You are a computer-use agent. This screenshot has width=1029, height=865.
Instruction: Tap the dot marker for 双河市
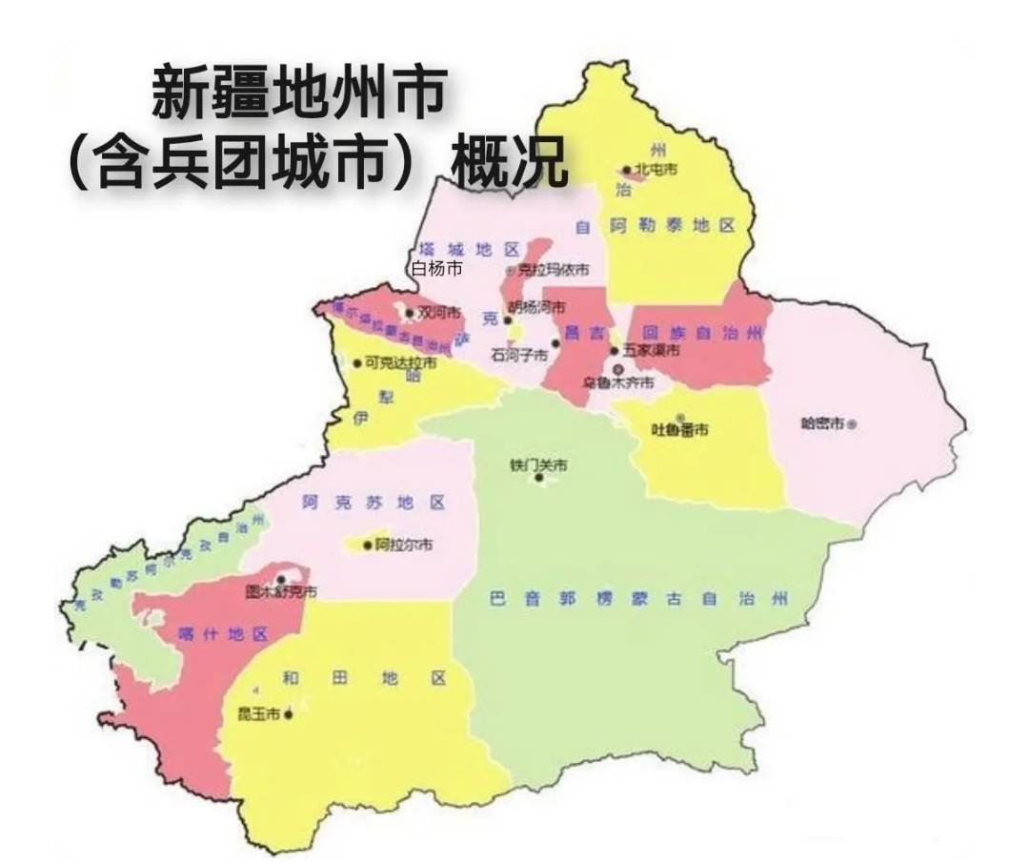pyautogui.click(x=410, y=313)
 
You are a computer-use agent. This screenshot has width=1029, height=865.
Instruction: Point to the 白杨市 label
pyautogui.click(x=436, y=269)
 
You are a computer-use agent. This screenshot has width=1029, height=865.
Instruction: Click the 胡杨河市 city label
pyautogui.click(x=536, y=308)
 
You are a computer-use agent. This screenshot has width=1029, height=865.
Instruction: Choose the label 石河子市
pyautogui.click(x=519, y=354)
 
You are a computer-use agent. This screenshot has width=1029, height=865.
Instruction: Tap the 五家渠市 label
pyautogui.click(x=653, y=351)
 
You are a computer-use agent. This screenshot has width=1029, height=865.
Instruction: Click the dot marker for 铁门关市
pyautogui.click(x=540, y=478)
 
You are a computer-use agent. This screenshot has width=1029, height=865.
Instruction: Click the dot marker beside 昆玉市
pyautogui.click(x=288, y=713)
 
